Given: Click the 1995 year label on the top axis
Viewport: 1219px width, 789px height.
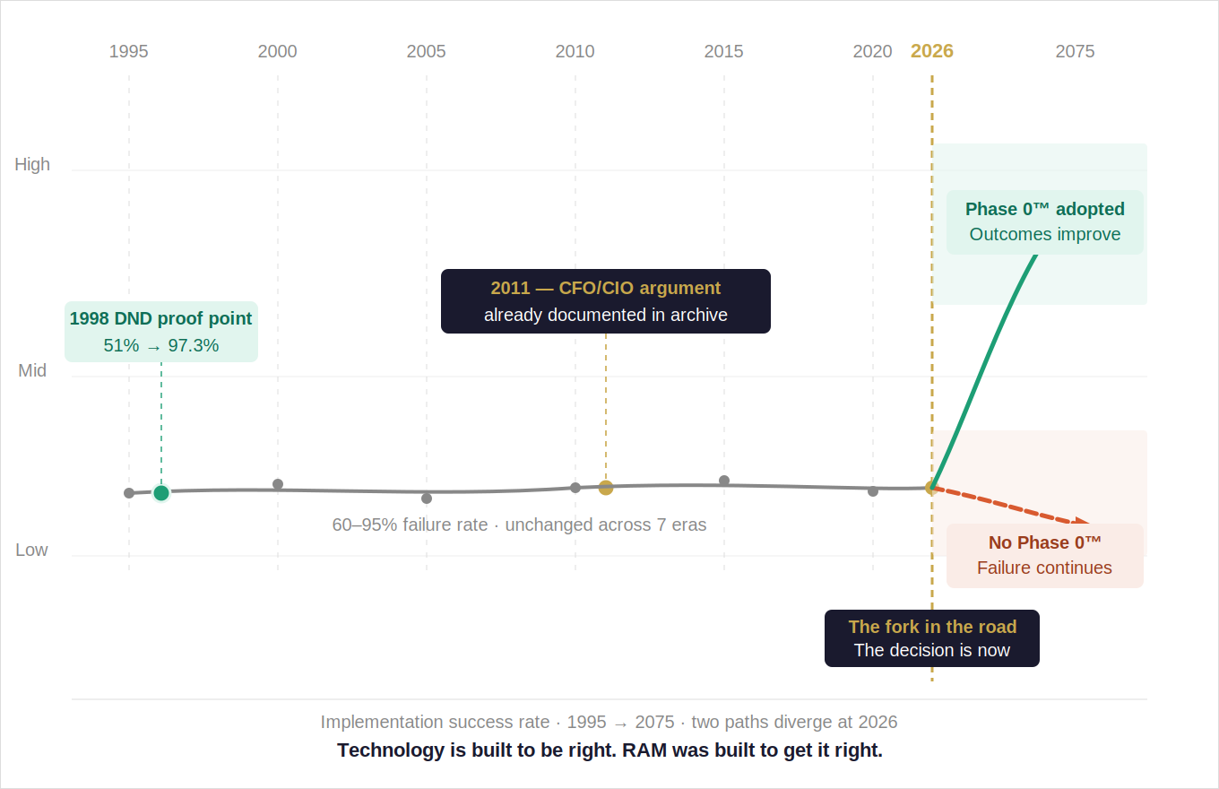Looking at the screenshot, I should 128,51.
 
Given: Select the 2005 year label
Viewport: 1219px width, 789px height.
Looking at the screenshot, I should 426,51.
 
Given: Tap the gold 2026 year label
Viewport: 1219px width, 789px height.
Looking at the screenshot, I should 932,51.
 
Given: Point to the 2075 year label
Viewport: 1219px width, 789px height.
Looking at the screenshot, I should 1075,51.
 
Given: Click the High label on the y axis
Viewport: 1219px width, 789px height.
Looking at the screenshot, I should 32,164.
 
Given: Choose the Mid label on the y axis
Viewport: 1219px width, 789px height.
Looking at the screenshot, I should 32,370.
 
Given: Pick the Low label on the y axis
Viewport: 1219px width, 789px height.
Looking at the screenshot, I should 31,550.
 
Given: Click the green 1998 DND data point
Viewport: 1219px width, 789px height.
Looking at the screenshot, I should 161,492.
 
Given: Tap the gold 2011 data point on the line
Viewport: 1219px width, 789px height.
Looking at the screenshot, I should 606,488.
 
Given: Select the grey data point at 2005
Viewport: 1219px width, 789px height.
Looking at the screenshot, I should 427,499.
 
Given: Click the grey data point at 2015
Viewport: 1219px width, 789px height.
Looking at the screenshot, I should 724,481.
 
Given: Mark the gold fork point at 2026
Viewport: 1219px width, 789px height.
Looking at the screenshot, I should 932,488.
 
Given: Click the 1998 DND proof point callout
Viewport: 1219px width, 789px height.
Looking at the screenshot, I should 161,332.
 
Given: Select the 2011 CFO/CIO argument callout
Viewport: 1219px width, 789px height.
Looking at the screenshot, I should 606,301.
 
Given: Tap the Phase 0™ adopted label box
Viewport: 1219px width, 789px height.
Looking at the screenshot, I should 1045,221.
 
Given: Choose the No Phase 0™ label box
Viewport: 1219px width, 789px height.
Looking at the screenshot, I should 1045,555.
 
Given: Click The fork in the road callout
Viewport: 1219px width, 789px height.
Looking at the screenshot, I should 932,638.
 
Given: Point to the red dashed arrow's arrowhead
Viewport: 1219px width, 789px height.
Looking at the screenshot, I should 1083,522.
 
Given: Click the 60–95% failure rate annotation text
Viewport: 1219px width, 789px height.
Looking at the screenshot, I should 519,525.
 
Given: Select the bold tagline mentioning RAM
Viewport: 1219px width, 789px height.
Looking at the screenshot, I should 609,750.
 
